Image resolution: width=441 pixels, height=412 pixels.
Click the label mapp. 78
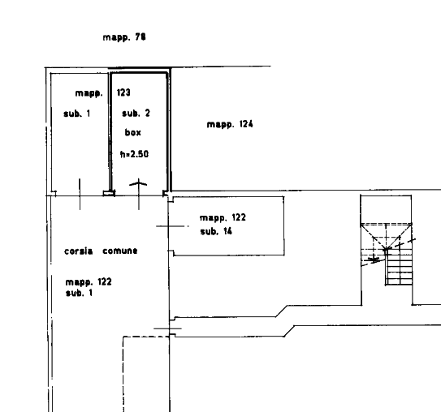(124, 37)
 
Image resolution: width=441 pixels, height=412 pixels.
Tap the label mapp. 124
(230, 124)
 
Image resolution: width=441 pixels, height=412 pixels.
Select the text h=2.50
(134, 154)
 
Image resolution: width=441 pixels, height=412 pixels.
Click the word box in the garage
(132, 132)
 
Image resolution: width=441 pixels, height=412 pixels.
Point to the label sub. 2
(136, 114)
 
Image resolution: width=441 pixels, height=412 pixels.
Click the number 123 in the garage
(123, 92)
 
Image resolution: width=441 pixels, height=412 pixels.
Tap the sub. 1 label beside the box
(77, 114)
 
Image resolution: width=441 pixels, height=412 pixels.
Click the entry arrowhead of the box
(138, 182)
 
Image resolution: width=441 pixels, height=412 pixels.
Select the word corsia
(79, 251)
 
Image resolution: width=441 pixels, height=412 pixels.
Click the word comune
(120, 251)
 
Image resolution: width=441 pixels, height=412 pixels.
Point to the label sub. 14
(216, 231)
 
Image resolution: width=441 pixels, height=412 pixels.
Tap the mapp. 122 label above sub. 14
(223, 217)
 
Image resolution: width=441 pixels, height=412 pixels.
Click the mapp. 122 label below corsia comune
(89, 282)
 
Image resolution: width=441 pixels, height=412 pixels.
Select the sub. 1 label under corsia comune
(79, 294)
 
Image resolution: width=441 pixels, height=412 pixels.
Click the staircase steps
(399, 268)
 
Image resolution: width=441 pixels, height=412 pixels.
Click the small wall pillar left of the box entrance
(109, 193)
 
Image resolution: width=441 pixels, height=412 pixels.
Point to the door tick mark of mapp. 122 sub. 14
(172, 225)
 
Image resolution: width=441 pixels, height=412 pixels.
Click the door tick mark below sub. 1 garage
(80, 194)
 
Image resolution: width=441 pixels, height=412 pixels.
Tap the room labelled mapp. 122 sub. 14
(228, 226)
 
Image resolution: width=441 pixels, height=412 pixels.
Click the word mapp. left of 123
(89, 93)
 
